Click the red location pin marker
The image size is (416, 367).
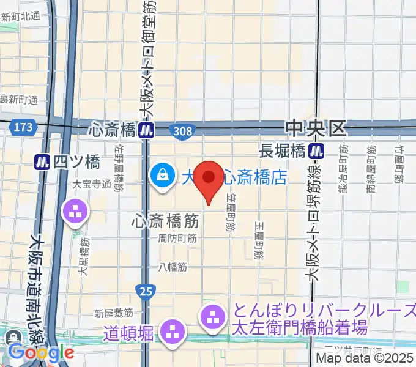coord(210,180)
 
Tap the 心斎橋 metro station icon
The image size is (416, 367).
coord(146,130)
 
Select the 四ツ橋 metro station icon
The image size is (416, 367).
coord(42,161)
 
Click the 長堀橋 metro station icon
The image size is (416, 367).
coord(316,150)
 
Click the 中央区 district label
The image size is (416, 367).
coord(316,128)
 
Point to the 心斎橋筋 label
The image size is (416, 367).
coord(163,219)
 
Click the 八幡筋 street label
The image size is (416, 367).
coord(173,266)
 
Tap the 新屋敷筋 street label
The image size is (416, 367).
coord(114,313)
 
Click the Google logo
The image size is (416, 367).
coord(40,352)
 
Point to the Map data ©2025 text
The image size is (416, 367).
coord(365,360)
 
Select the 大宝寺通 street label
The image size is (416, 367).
coord(92,183)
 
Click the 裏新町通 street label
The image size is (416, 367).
coord(20,100)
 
